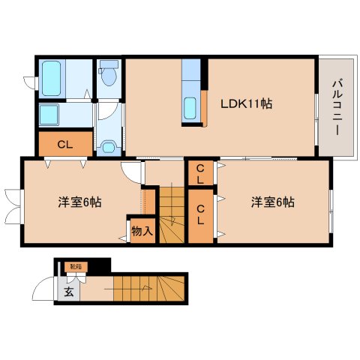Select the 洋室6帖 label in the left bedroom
pos(79,202)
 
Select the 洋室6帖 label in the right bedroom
pos(272,202)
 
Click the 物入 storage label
pos(142,230)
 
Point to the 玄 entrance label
pos(68,292)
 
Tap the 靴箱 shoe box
pos(76,266)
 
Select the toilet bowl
pos(109,75)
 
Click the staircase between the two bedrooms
pos(171,214)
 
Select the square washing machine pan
pos(55,114)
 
